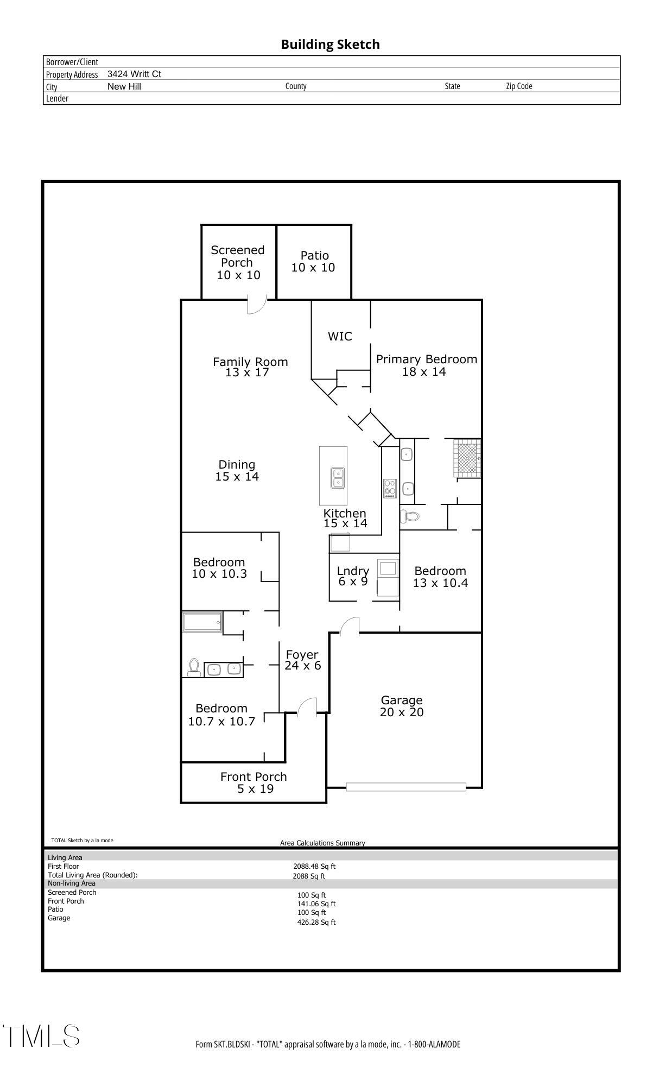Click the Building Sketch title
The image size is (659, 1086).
(x=330, y=45)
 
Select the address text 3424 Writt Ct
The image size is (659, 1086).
(x=134, y=74)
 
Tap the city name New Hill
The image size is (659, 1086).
(x=124, y=86)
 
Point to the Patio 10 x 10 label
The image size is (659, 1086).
(x=313, y=261)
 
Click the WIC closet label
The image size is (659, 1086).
(x=340, y=337)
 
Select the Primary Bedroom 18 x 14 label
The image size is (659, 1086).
(x=426, y=365)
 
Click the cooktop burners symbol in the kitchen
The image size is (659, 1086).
(x=390, y=488)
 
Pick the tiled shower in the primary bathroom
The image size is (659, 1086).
(x=467, y=459)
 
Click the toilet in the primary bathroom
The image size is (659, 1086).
(x=410, y=516)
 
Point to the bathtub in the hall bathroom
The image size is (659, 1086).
(x=202, y=622)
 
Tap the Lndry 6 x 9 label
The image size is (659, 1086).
(x=353, y=576)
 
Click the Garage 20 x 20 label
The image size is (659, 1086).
(x=402, y=706)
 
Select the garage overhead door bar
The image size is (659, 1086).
(x=406, y=787)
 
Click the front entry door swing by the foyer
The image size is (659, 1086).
(x=307, y=707)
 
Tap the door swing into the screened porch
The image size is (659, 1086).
(x=256, y=305)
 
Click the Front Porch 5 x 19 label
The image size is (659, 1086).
(x=254, y=782)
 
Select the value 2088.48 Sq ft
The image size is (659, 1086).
(x=314, y=867)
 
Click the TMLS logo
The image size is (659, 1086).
(x=41, y=1036)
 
